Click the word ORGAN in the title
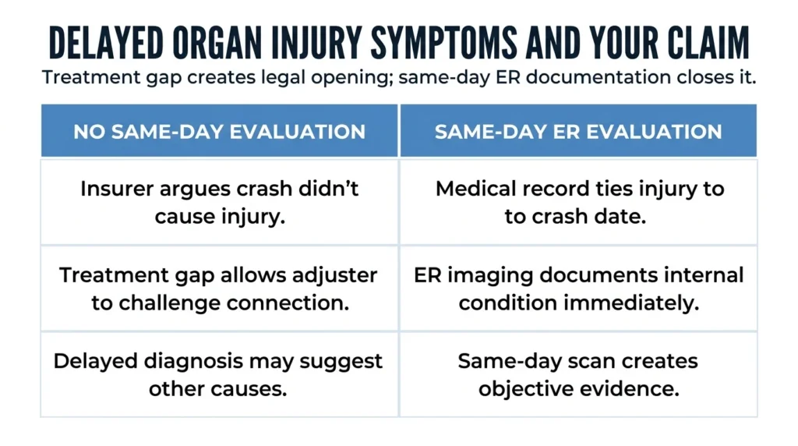click(x=217, y=42)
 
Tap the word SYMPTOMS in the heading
click(x=443, y=42)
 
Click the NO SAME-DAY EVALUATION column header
click(x=219, y=131)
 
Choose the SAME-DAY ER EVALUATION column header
click(x=579, y=131)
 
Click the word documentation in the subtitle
click(x=598, y=77)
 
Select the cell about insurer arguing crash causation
click(x=219, y=202)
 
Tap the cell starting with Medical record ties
click(x=579, y=202)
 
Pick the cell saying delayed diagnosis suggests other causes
click(x=219, y=375)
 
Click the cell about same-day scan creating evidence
click(x=579, y=375)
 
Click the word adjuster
click(x=334, y=275)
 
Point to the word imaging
click(x=490, y=276)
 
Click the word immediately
click(x=631, y=303)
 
